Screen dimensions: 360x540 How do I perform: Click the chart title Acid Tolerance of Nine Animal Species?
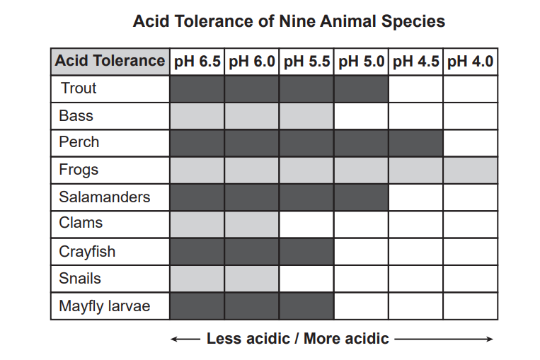coord(289,21)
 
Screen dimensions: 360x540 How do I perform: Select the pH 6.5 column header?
coord(197,62)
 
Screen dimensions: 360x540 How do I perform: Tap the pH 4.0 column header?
coord(471,62)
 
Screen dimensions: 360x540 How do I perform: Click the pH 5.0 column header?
coord(361,62)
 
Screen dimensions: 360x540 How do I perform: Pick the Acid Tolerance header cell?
coord(110,62)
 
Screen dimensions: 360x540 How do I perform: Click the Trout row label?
coord(79,88)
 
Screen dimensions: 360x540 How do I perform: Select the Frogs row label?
coord(79,170)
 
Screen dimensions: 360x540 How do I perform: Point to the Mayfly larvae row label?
coord(104,306)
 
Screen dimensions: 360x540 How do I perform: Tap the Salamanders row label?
coord(104,197)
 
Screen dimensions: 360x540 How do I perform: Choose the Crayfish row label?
coord(87,252)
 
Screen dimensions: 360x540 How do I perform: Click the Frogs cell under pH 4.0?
coord(471,170)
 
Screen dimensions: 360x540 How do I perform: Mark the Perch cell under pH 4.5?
coord(416,143)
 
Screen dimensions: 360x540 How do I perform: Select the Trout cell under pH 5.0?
coord(361,88)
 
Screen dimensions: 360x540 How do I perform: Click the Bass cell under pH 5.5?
coord(306,116)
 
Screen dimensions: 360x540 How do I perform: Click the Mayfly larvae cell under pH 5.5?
coord(306,306)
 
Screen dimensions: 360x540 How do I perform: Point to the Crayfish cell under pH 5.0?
coord(361,252)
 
